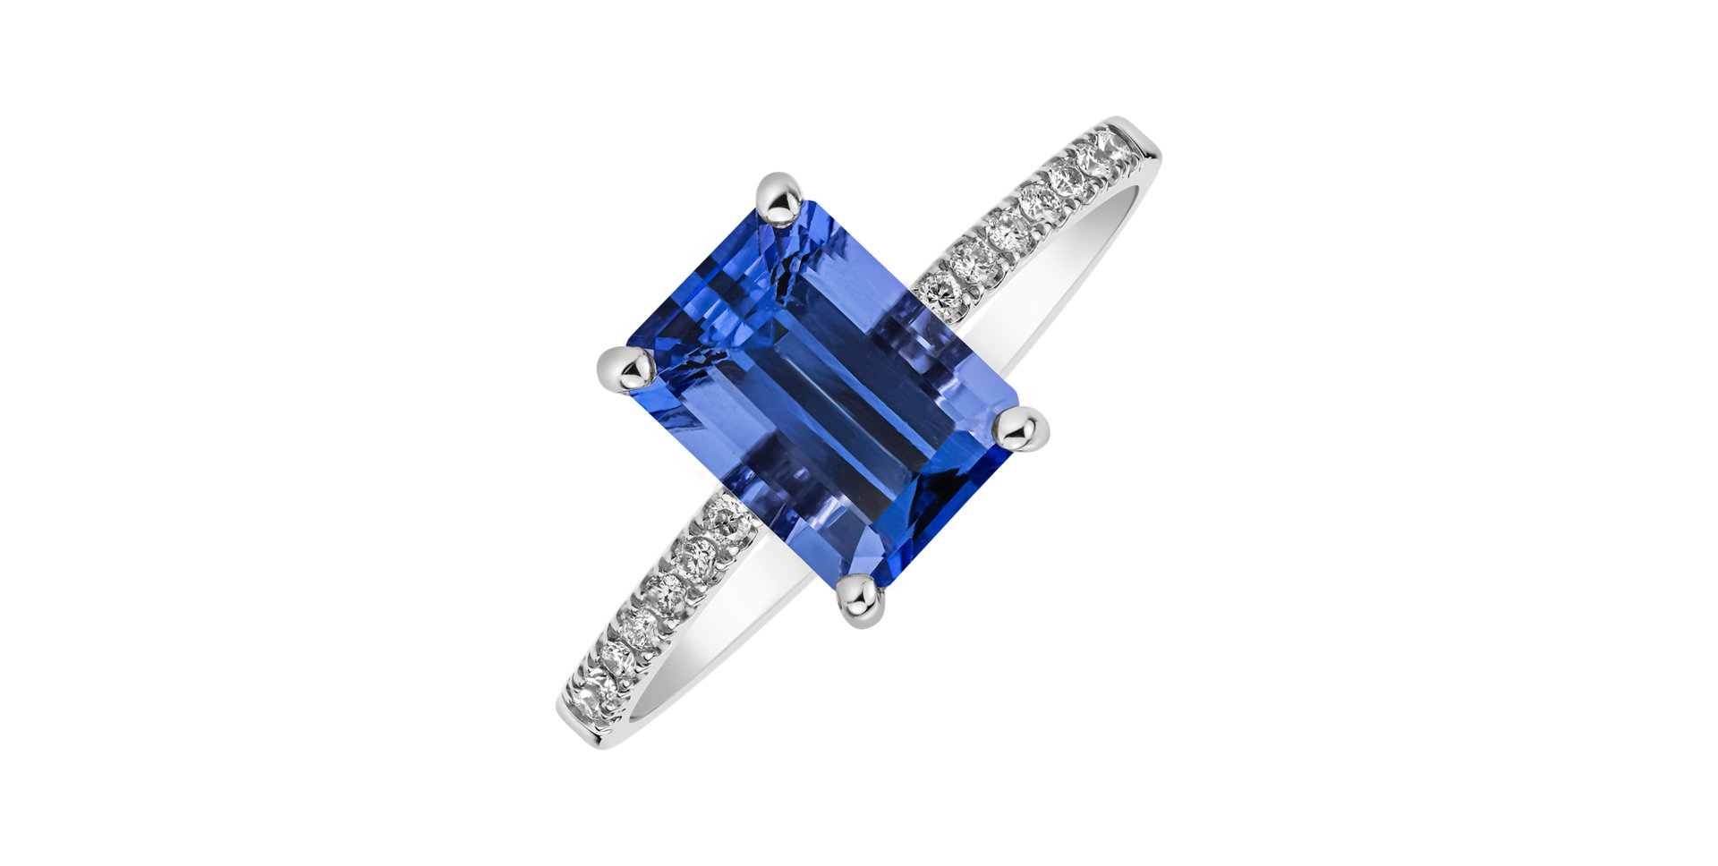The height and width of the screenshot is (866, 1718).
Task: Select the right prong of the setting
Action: coord(1022,429)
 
